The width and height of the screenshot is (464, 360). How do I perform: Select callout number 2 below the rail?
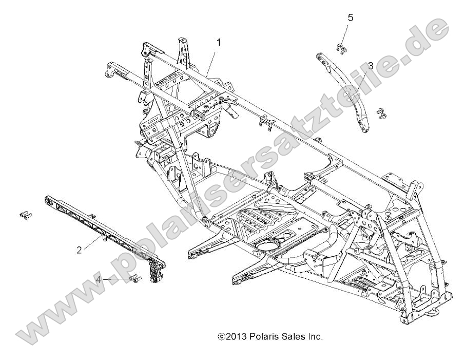click(x=79, y=250)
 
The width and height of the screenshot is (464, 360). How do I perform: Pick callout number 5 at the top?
click(x=351, y=17)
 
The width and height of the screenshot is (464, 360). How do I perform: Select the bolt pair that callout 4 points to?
click(x=136, y=279)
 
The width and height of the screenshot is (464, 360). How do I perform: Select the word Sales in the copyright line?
click(x=294, y=337)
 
